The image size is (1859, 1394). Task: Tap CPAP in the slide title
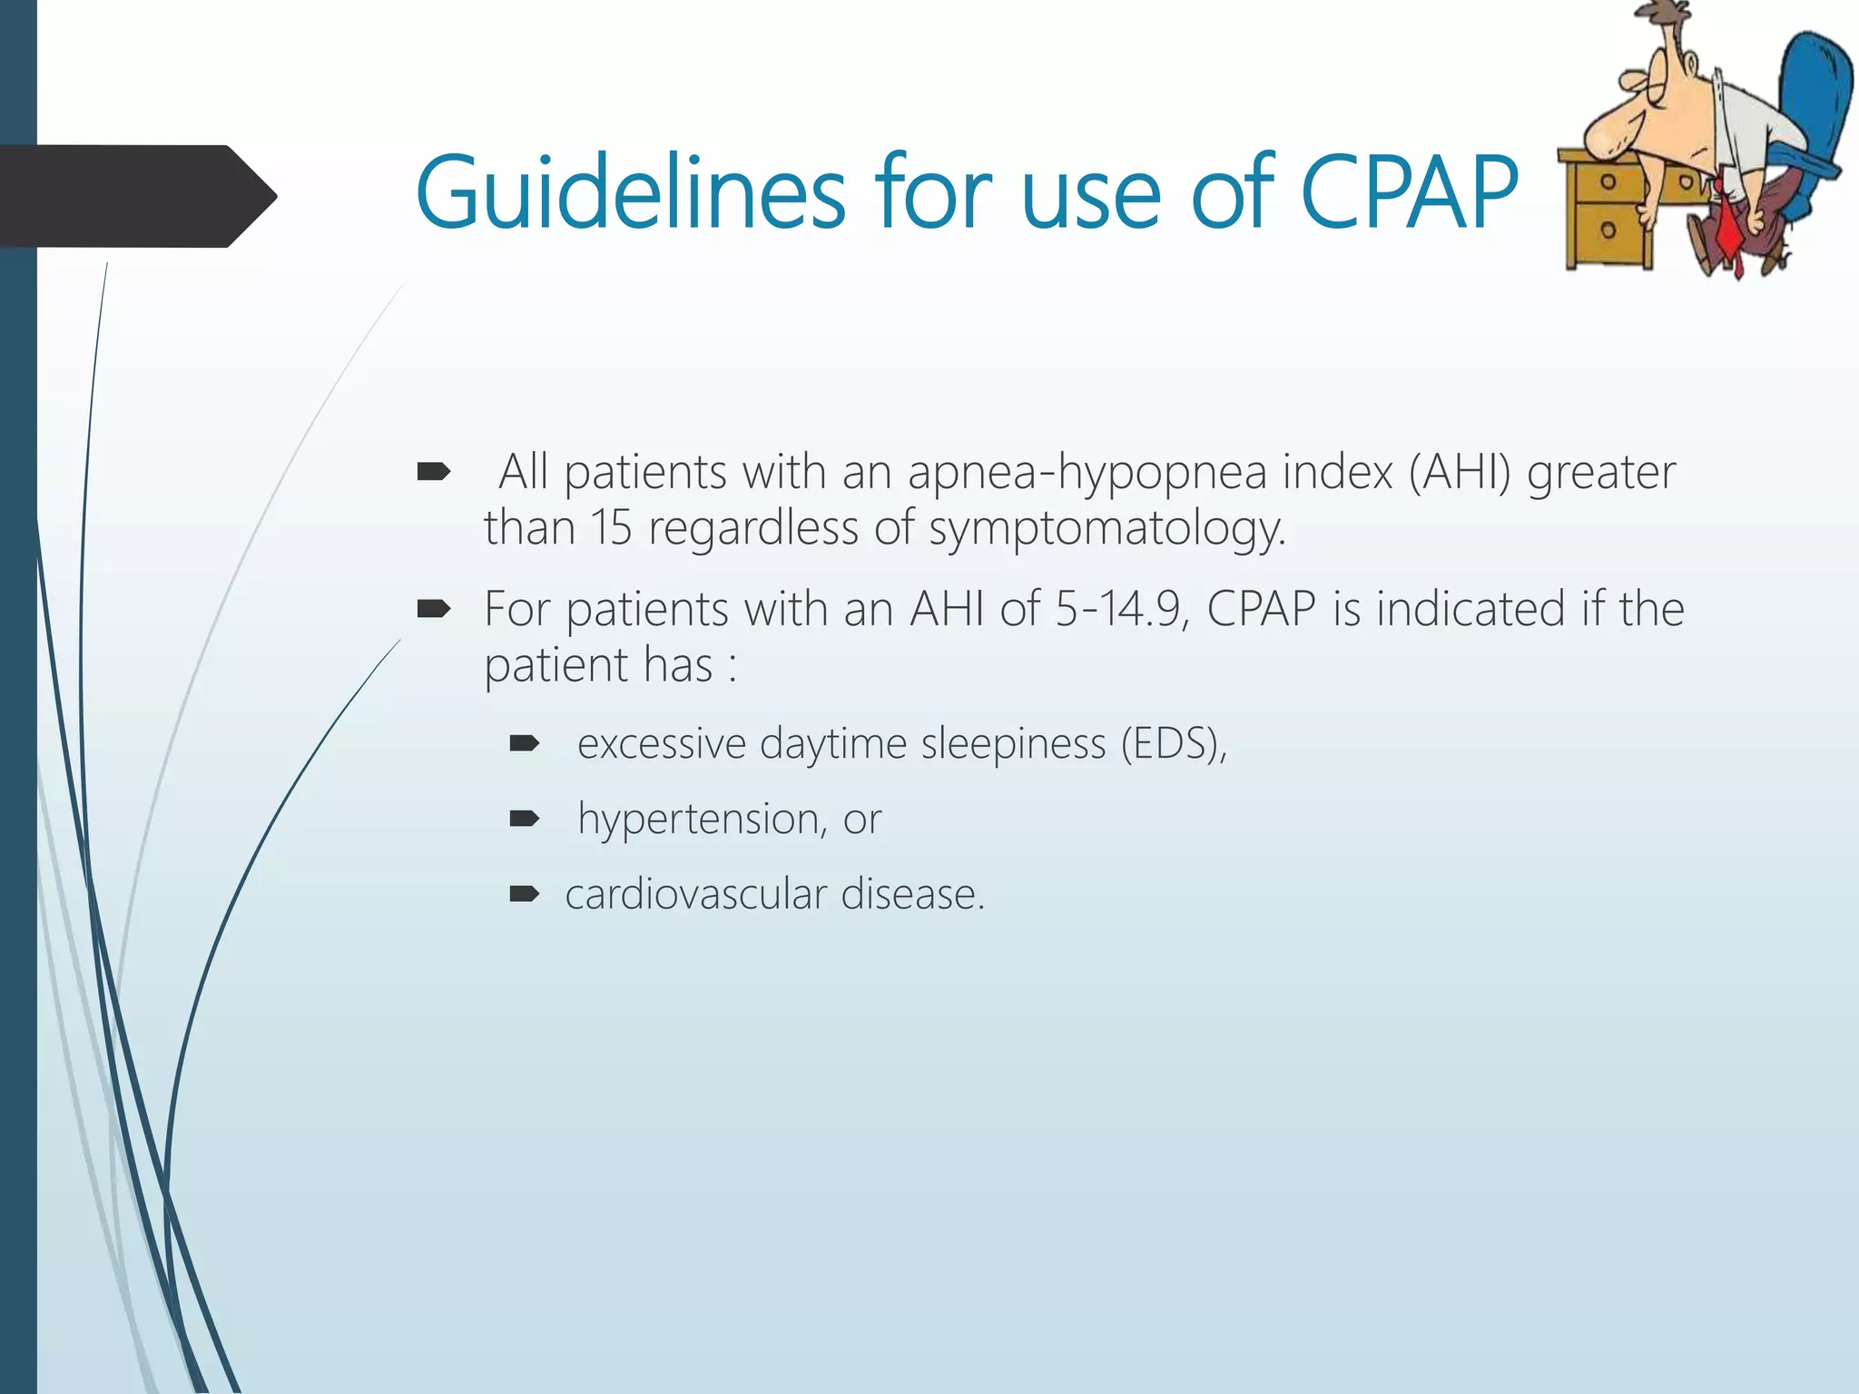click(x=1408, y=192)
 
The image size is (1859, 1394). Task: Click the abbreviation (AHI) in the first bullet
click(x=1460, y=472)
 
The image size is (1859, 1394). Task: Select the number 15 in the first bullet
click(x=610, y=528)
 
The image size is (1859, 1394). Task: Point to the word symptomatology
click(x=1107, y=528)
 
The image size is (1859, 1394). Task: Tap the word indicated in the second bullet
click(x=1470, y=609)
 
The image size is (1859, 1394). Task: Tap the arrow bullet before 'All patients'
click(x=433, y=472)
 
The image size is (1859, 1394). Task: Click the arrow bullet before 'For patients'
click(x=433, y=609)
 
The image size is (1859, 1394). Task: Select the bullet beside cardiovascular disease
click(x=524, y=895)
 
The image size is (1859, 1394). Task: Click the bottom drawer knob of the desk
click(x=1608, y=230)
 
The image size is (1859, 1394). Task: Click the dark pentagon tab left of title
click(x=136, y=195)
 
